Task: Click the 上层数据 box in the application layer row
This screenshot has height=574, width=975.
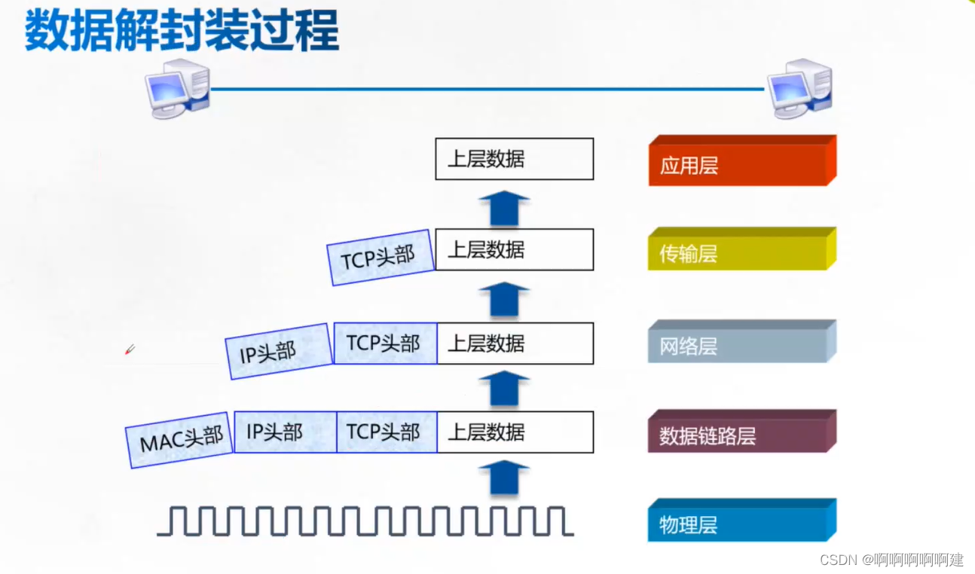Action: point(515,159)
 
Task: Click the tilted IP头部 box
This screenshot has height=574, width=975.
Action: point(278,351)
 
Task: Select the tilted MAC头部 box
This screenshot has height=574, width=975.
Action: point(181,438)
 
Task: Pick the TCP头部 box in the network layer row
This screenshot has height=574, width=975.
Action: point(384,343)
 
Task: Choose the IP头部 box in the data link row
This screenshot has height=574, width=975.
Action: point(285,432)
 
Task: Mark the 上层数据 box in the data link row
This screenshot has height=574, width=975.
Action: point(515,432)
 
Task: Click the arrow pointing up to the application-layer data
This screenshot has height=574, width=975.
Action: point(504,209)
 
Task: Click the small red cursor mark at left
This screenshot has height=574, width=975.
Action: point(130,350)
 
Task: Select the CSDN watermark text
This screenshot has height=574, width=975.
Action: point(891,560)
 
